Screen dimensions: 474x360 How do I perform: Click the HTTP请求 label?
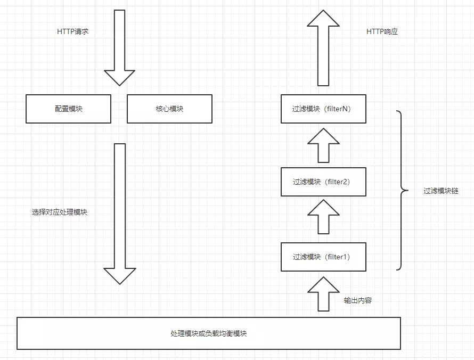pos(72,31)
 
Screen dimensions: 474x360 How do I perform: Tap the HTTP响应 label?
pos(382,31)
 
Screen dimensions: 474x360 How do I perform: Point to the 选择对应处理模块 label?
pos(60,212)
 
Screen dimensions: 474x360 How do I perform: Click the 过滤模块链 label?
pos(441,191)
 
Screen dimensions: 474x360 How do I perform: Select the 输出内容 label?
pos(358,300)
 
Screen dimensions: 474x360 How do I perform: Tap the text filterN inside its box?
pos(338,109)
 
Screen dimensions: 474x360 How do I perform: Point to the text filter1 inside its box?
pos(337,257)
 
